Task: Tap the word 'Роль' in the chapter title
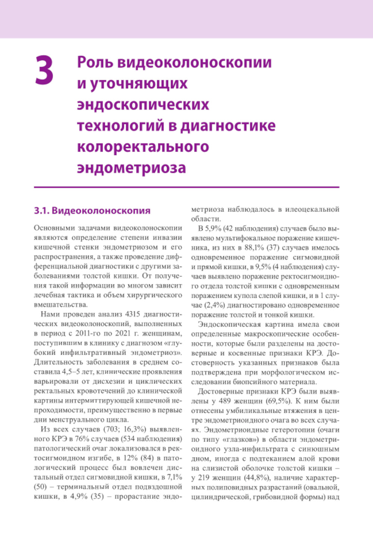pyautogui.click(x=95, y=62)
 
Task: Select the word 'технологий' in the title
pyautogui.click(x=121, y=126)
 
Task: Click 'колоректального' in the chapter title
pyautogui.click(x=143, y=147)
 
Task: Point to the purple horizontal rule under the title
pyautogui.click(x=186, y=187)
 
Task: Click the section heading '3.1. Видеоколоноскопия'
pyautogui.click(x=92, y=211)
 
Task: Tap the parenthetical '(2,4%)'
pyautogui.click(x=216, y=305)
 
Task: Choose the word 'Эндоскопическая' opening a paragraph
pyautogui.click(x=226, y=324)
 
